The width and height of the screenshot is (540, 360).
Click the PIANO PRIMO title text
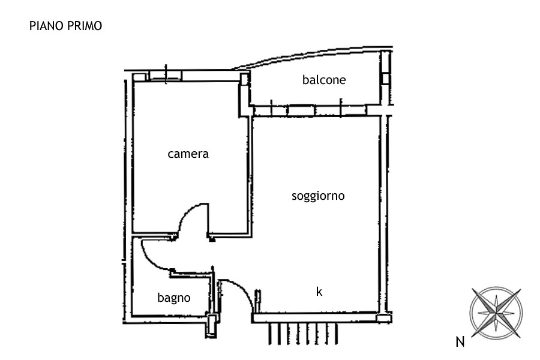pyautogui.click(x=65, y=26)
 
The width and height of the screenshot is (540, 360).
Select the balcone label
pyautogui.click(x=324, y=80)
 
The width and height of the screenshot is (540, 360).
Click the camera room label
pyautogui.click(x=188, y=154)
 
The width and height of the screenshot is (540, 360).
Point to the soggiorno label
pyautogui.click(x=318, y=196)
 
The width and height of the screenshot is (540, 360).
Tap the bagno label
pyautogui.click(x=174, y=298)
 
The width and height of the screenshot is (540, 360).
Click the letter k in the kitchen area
pyautogui.click(x=319, y=292)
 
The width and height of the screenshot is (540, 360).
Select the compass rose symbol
pyautogui.click(x=496, y=313)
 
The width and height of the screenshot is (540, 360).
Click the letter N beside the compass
pyautogui.click(x=460, y=342)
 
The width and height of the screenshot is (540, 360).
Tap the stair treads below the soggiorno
pyautogui.click(x=303, y=334)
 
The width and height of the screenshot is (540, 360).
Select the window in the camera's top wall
pyautogui.click(x=166, y=76)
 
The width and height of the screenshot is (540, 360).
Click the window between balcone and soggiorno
pyautogui.click(x=301, y=110)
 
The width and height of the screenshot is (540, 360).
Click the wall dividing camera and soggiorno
pyautogui.click(x=250, y=176)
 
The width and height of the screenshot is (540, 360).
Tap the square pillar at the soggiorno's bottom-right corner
pyautogui.click(x=384, y=317)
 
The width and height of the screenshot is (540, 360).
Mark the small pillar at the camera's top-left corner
pyautogui.click(x=140, y=77)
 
